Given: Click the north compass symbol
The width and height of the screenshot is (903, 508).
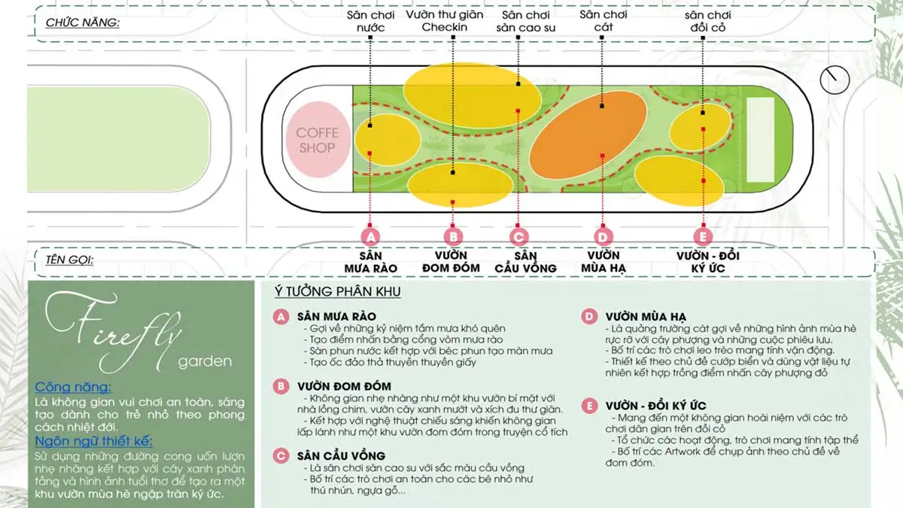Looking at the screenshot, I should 834,79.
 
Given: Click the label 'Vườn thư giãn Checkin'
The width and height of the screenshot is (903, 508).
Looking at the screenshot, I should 445,21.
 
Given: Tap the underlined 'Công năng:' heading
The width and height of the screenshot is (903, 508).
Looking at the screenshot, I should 74,388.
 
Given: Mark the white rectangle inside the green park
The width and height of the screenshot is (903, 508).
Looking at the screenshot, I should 760,140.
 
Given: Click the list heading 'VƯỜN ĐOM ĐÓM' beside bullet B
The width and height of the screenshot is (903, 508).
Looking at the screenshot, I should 344,387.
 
